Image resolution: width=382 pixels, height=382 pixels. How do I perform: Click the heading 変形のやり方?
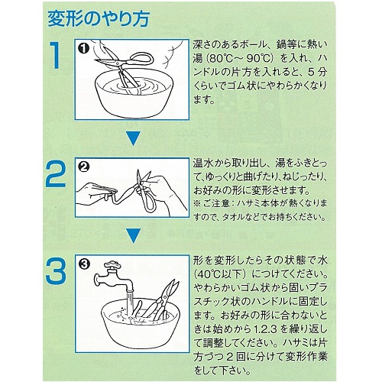(98, 19)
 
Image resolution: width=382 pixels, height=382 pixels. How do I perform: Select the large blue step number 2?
(56, 174)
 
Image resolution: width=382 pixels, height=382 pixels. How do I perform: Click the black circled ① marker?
(84, 48)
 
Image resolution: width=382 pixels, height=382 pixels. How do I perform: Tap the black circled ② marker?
(84, 167)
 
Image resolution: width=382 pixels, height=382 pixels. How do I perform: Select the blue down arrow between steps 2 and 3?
(134, 235)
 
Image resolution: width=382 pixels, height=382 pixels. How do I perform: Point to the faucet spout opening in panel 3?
(130, 290)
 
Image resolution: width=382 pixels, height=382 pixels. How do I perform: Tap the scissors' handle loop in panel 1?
(143, 59)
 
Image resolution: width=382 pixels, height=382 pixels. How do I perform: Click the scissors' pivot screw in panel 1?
(118, 63)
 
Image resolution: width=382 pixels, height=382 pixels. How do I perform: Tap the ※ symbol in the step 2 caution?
(197, 204)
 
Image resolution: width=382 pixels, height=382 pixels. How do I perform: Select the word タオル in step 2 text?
(231, 217)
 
